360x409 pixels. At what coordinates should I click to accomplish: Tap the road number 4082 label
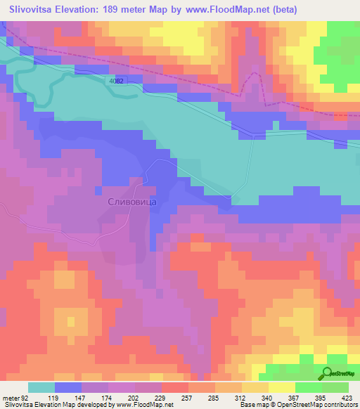point(115,82)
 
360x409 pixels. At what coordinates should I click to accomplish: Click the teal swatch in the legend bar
point(41,387)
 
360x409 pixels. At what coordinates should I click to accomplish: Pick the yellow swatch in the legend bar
point(281,387)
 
